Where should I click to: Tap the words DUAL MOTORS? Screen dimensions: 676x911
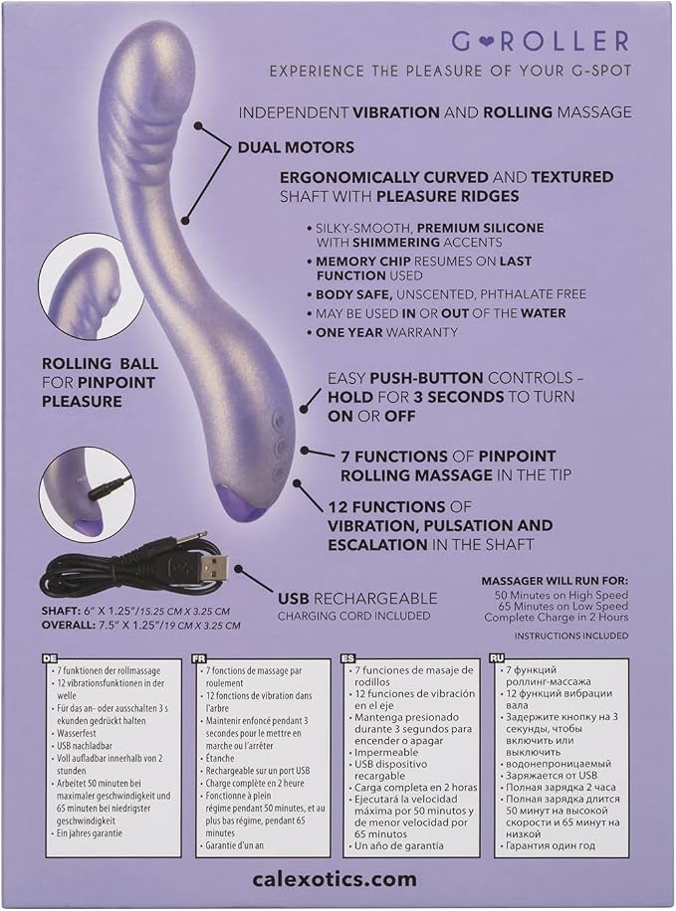click(296, 147)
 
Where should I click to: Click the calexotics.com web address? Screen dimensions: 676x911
click(335, 879)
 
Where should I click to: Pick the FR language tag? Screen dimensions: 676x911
click(198, 658)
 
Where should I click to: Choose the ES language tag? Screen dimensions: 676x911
click(347, 658)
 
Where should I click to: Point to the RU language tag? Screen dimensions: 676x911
click(497, 658)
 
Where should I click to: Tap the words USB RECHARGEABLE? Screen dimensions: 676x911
click(357, 599)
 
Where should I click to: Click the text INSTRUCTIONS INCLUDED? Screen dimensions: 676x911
click(570, 636)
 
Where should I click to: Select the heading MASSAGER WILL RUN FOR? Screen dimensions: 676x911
click(555, 581)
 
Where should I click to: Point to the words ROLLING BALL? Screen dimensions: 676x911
click(100, 364)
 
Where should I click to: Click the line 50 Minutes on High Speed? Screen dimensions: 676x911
click(562, 595)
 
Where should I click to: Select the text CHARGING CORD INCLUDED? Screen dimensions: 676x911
click(353, 616)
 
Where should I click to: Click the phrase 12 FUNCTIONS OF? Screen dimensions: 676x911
click(399, 506)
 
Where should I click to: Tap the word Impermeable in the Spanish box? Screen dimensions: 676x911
click(386, 753)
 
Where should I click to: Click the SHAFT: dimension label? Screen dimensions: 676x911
click(60, 612)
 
